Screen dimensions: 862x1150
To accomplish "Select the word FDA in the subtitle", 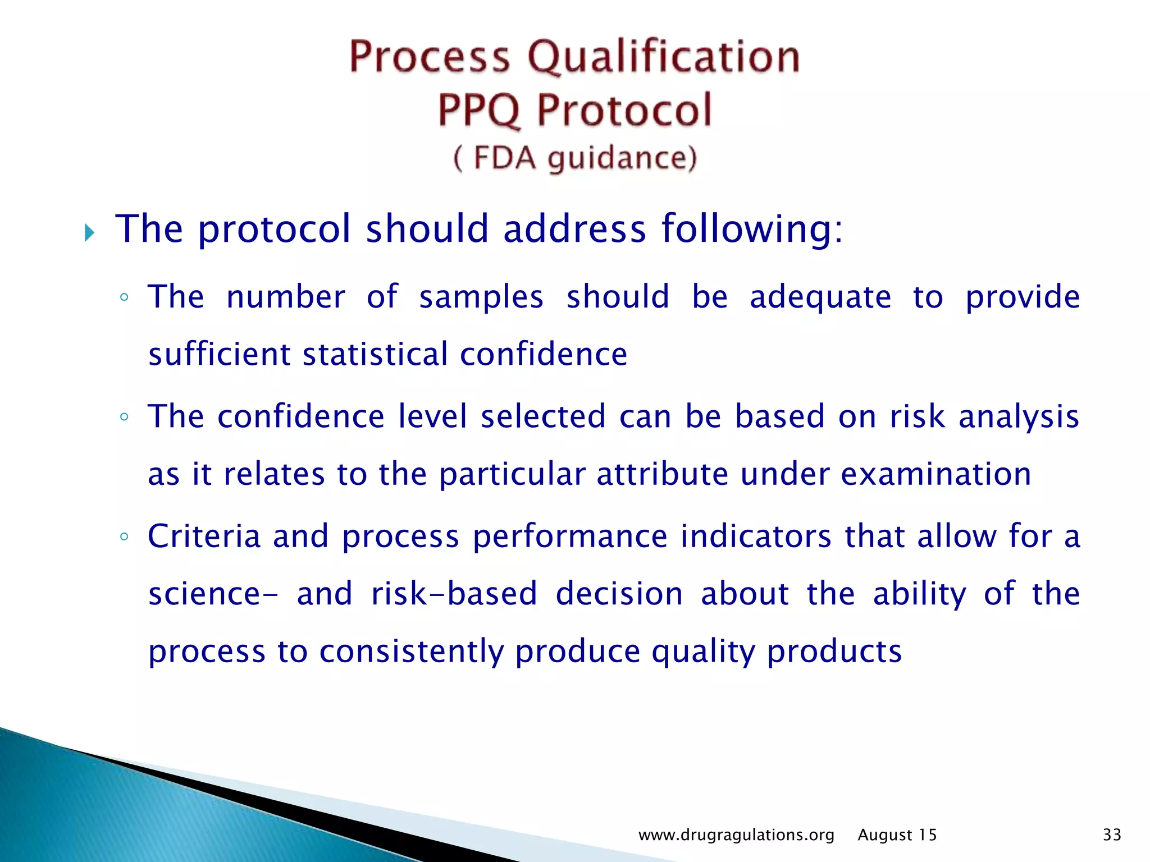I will click(504, 158).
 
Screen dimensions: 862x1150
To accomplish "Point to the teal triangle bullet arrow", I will click(89, 232).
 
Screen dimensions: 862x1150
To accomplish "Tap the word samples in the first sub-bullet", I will click(481, 297).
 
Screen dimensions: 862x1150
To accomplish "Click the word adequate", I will click(820, 298).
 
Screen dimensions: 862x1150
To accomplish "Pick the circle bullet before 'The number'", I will click(125, 297).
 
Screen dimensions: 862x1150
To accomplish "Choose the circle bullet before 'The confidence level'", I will click(125, 417).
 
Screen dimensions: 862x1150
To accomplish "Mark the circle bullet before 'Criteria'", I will click(125, 537).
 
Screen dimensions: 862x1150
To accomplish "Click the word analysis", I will click(1019, 418).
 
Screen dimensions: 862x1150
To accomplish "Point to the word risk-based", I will click(454, 594).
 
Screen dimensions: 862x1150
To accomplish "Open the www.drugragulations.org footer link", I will click(736, 835).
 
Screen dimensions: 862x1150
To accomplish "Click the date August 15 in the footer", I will click(897, 835).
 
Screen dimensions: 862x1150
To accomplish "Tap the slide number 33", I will click(1112, 835).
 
